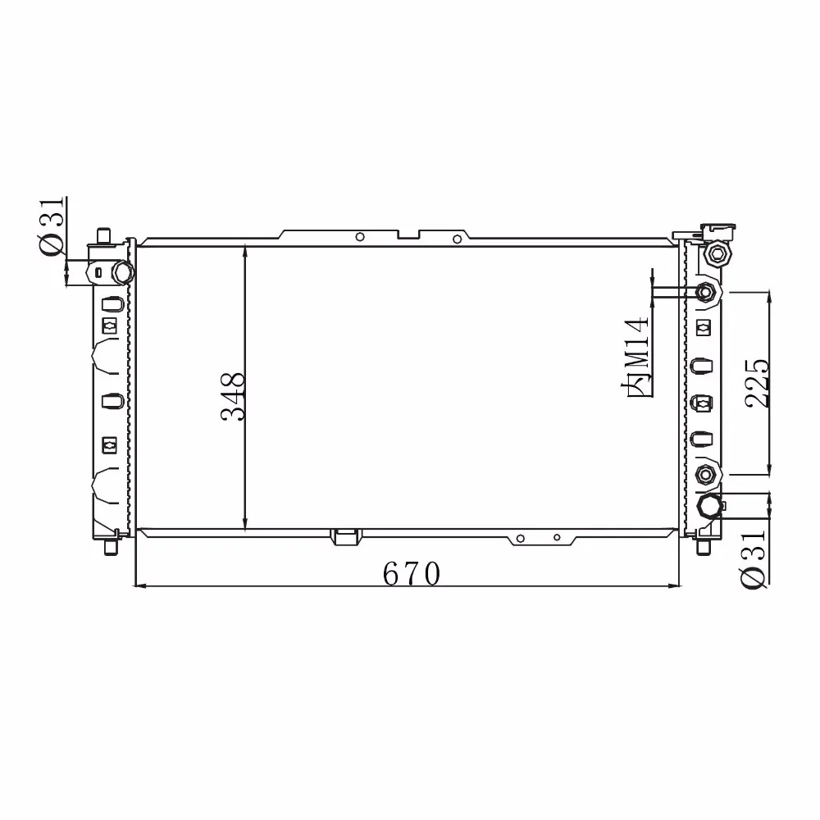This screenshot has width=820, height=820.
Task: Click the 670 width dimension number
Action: point(411,574)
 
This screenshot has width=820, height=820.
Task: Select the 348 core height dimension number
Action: point(233,397)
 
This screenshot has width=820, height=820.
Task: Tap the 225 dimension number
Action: point(758,383)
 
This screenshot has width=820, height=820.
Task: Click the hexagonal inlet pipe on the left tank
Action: point(124,272)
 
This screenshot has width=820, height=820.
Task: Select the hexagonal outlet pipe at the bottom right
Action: point(710,506)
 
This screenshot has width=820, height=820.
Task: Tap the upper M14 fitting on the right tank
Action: point(705,293)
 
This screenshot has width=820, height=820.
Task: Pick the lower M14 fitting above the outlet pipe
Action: point(705,474)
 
